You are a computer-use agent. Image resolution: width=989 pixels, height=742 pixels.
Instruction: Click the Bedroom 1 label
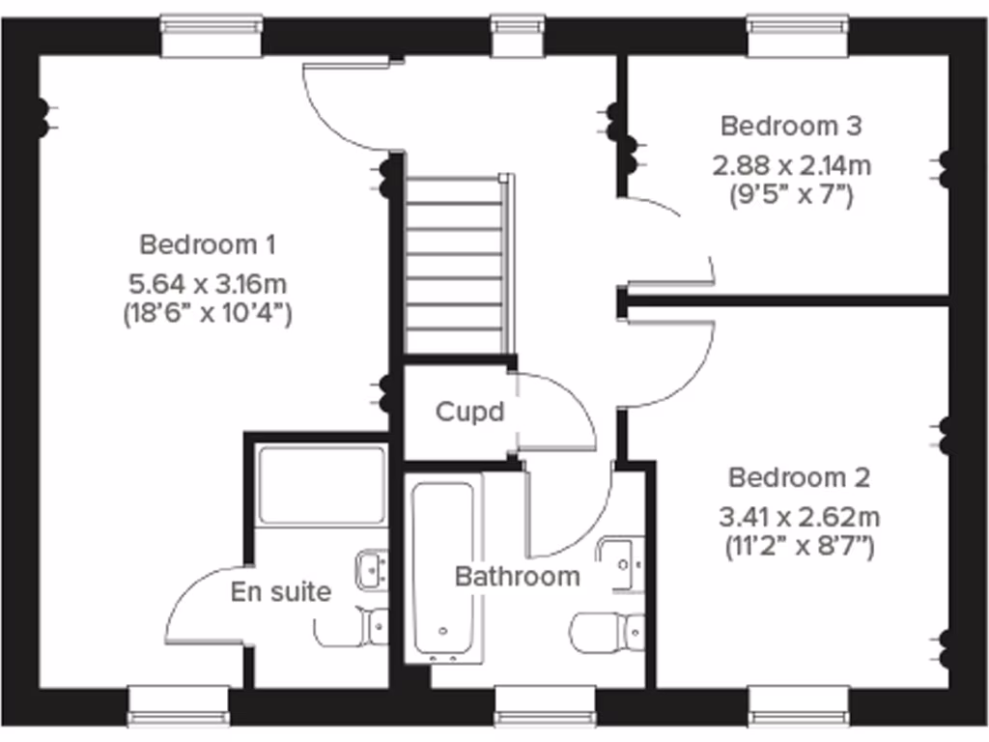click(x=208, y=244)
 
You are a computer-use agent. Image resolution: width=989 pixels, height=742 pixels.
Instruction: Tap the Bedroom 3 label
click(x=791, y=126)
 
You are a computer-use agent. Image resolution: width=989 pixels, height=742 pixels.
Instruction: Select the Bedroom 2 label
click(x=799, y=477)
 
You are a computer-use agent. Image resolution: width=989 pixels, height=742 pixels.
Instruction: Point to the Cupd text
click(x=469, y=413)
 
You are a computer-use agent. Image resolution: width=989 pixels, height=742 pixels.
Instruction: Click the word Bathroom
click(x=517, y=578)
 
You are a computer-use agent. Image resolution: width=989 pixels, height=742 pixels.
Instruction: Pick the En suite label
click(x=281, y=591)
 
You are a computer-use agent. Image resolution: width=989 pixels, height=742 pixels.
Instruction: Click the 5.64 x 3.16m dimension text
click(x=209, y=284)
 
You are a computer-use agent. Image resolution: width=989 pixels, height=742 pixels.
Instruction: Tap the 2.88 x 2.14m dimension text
click(x=791, y=165)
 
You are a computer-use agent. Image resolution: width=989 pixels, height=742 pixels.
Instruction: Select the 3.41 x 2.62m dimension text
click(x=800, y=516)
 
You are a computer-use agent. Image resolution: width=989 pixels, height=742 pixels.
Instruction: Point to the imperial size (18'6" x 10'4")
click(x=209, y=313)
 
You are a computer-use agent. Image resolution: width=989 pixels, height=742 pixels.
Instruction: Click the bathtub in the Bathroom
click(x=443, y=570)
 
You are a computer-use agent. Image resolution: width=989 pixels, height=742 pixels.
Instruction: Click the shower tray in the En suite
click(x=322, y=484)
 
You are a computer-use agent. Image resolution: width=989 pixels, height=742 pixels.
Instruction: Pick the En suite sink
click(x=371, y=569)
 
